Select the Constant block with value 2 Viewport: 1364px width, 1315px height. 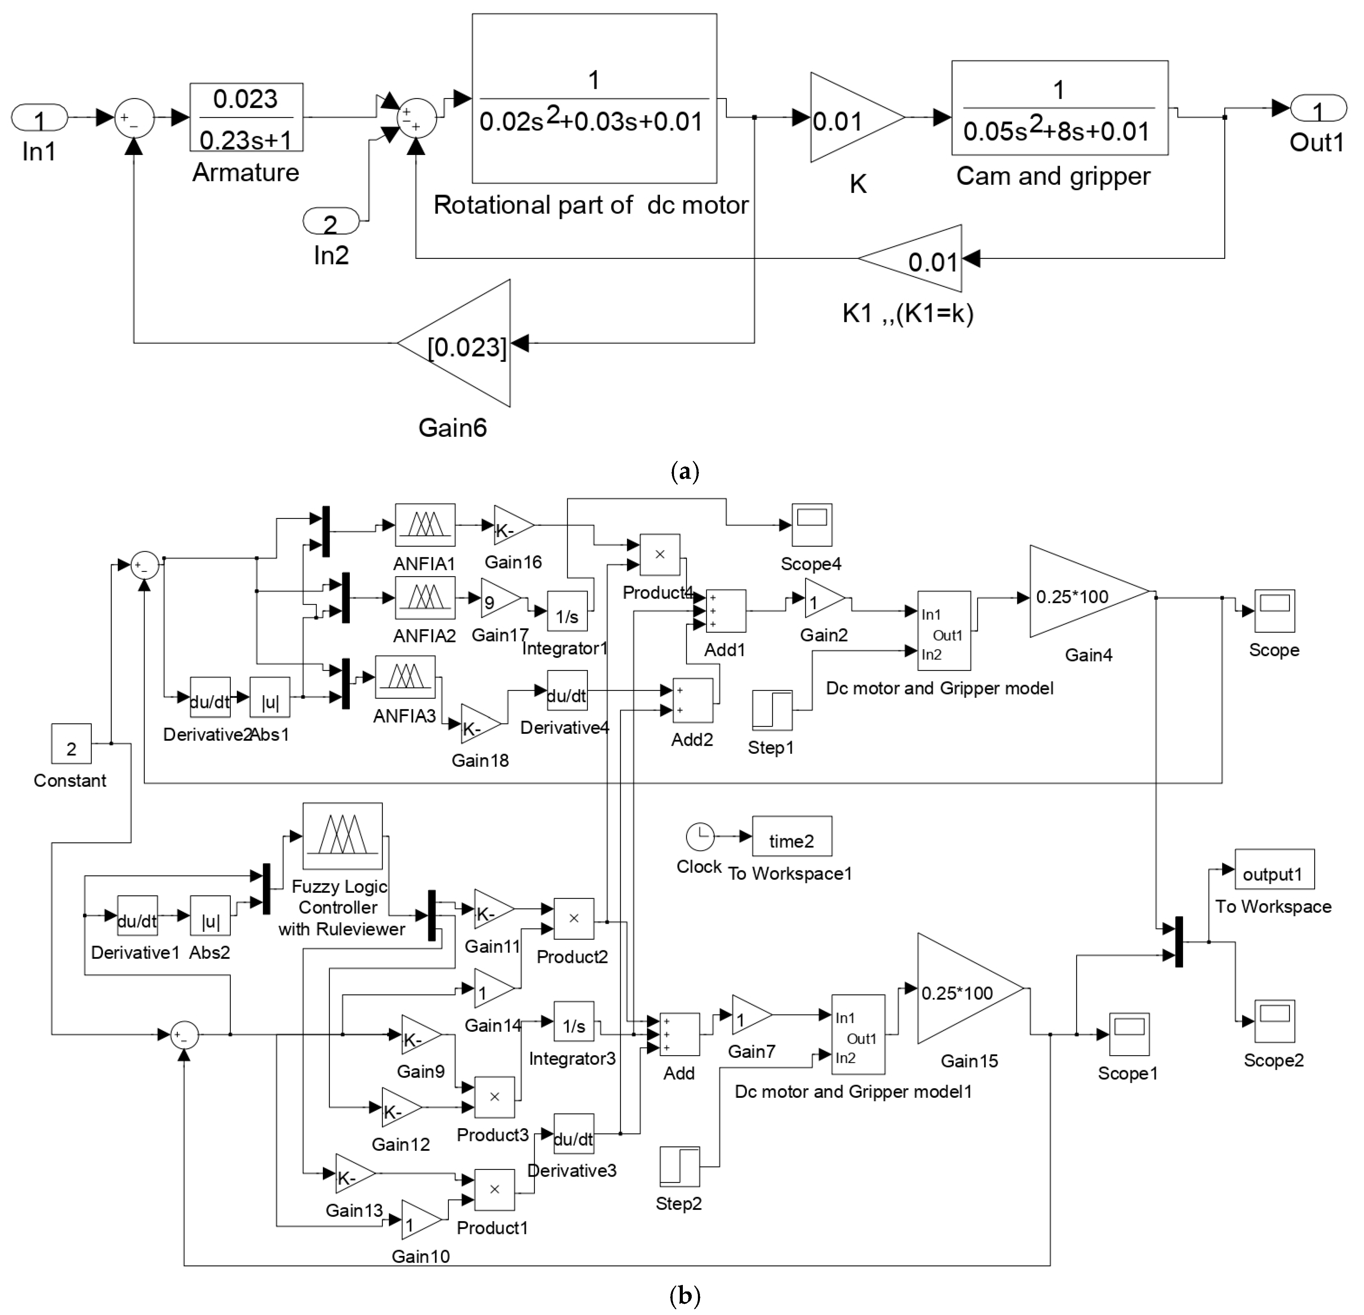pos(71,744)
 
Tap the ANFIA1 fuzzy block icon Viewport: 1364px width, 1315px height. pos(425,525)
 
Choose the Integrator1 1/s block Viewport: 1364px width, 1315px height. pos(567,612)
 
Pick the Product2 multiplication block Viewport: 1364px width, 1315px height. pos(574,919)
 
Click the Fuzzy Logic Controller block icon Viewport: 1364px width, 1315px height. pos(342,836)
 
